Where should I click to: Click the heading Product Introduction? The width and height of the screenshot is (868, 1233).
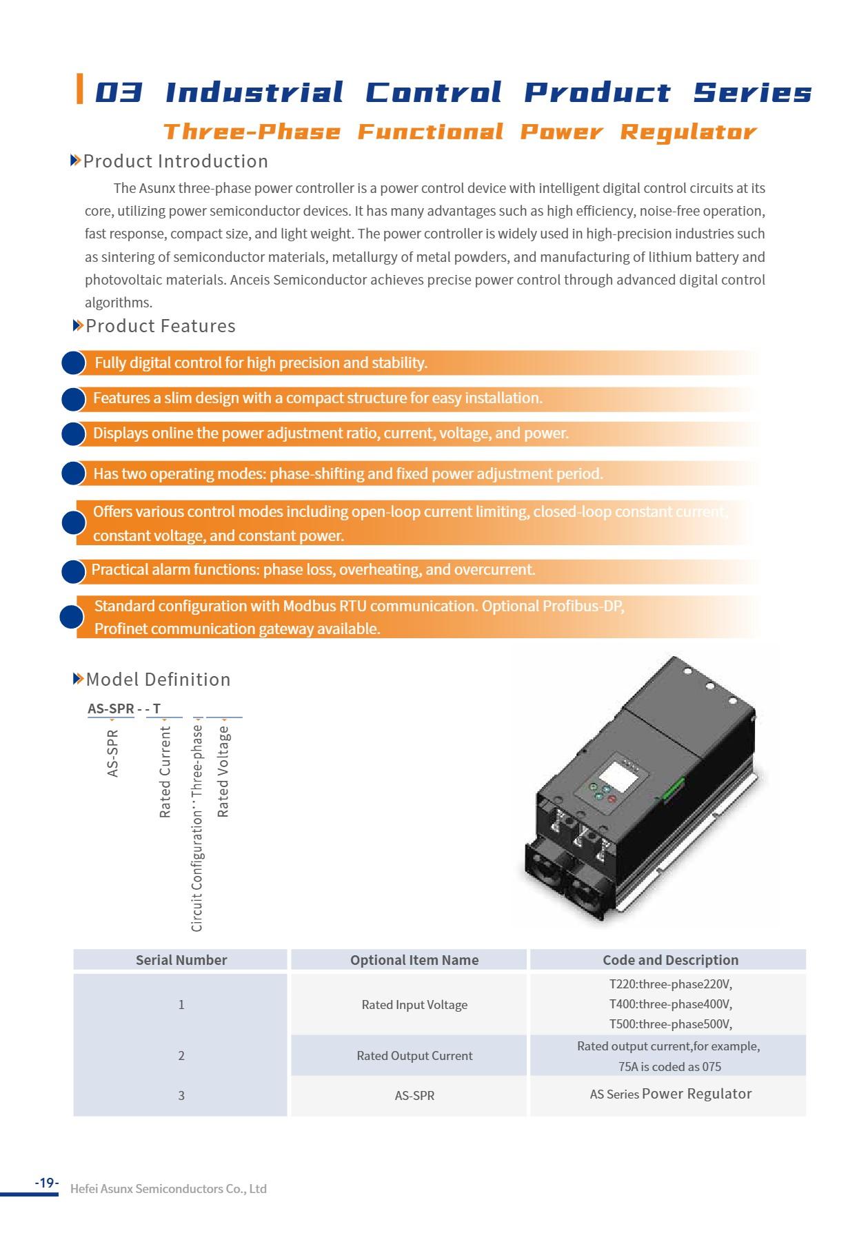(175, 161)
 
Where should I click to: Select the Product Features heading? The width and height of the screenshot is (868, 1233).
(160, 326)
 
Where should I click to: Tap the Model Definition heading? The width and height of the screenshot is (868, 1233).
(158, 680)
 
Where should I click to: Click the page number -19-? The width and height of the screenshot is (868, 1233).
(47, 1183)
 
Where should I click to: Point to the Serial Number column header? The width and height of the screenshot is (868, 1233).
(181, 960)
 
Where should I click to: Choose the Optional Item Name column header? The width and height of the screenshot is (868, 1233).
(414, 960)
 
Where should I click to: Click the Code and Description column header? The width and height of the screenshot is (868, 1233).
(670, 960)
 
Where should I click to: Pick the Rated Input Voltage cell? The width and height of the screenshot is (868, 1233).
(414, 1005)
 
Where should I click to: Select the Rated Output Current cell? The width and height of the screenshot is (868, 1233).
(414, 1056)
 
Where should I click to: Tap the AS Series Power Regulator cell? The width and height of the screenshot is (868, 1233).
(670, 1094)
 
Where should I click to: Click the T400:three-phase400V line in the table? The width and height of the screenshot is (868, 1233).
(670, 1004)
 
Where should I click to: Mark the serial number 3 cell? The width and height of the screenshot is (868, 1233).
(181, 1096)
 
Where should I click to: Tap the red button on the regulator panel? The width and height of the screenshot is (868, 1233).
(611, 799)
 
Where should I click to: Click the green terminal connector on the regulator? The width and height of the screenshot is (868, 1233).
(672, 790)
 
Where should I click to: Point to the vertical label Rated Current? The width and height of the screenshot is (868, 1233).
(165, 772)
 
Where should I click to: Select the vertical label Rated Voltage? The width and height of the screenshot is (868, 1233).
(223, 772)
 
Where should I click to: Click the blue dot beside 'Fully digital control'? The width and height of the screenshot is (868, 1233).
(73, 363)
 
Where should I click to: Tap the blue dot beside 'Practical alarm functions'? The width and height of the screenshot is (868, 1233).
(73, 571)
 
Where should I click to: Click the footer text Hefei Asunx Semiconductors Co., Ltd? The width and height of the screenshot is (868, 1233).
(168, 1189)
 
